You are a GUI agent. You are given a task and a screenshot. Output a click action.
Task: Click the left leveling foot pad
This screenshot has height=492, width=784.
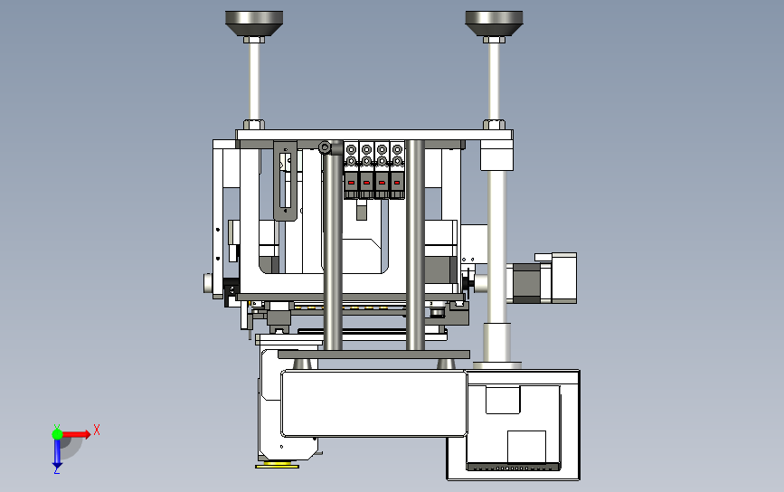tap(254, 23)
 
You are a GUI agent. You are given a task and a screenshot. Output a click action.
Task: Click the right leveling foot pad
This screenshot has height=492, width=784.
tap(494, 23)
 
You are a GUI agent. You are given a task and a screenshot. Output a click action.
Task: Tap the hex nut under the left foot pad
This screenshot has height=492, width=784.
tap(254, 40)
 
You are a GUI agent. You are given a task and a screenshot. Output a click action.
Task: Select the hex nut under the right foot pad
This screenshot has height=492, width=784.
tap(494, 40)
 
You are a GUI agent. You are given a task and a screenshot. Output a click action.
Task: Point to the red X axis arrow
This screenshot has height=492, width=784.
tap(76, 434)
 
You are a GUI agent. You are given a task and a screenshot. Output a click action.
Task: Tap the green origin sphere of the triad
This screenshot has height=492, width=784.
tap(57, 434)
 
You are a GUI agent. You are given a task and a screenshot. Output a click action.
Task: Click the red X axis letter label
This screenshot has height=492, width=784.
tap(97, 430)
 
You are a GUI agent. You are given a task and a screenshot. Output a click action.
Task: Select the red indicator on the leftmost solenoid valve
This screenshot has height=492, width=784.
tap(351, 183)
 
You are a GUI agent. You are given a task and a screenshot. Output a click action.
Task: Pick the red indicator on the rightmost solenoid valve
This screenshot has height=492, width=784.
tap(397, 183)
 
